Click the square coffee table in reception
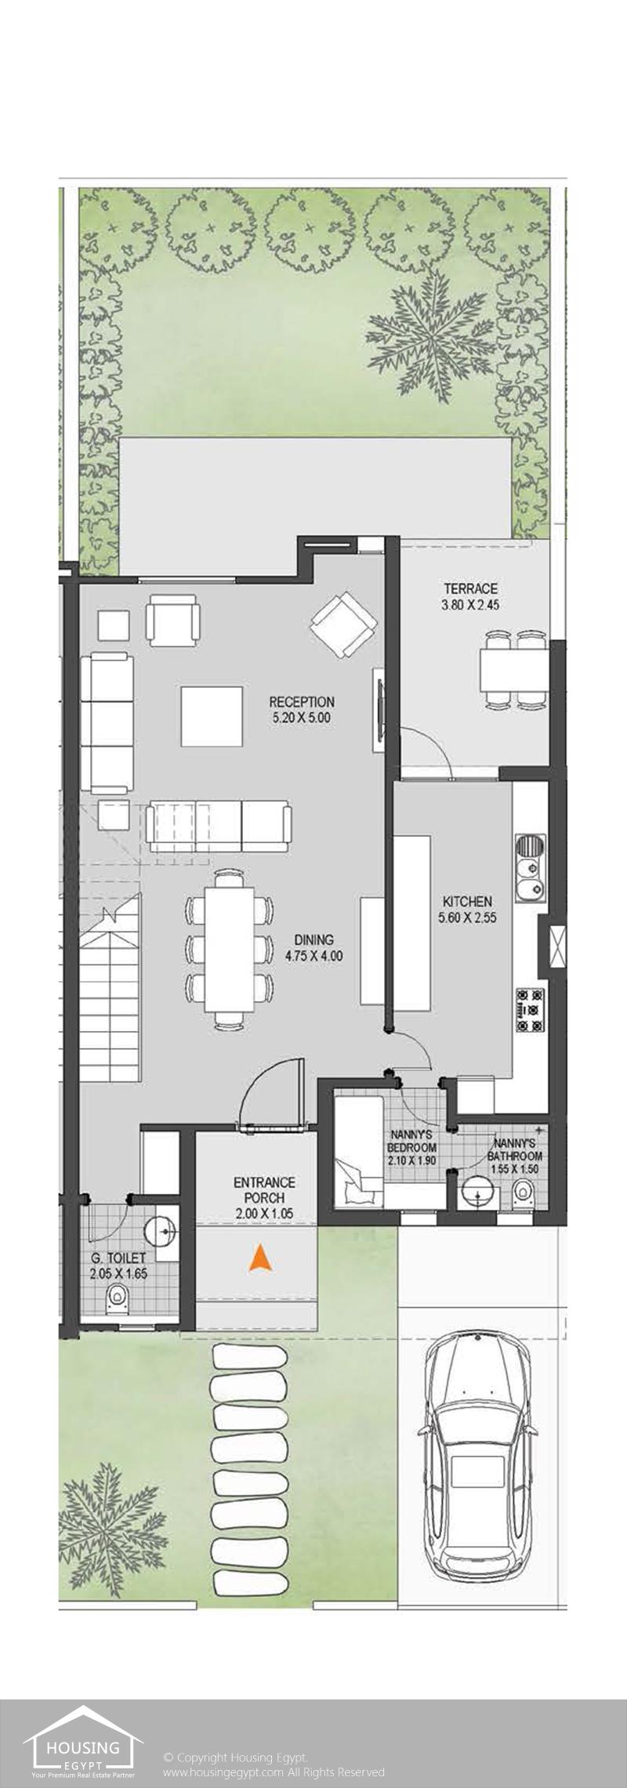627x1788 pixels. coord(212,716)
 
